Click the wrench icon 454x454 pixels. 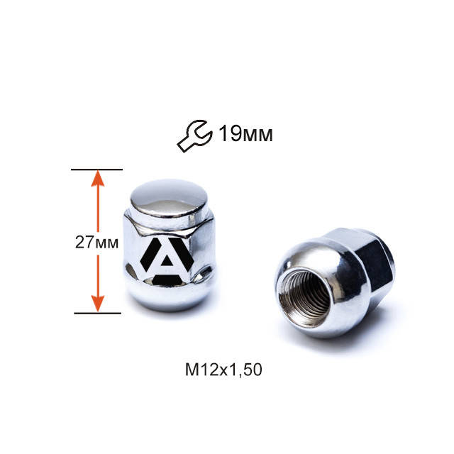[194, 135]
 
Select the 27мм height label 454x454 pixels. [96, 242]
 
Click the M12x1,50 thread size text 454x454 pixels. [225, 369]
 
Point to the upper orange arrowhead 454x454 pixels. [99, 179]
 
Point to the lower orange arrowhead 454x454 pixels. [99, 303]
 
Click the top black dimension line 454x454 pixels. [97, 170]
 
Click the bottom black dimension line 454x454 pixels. [97, 312]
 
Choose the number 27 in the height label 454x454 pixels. [84, 242]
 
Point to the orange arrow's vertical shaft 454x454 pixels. [99, 227]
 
